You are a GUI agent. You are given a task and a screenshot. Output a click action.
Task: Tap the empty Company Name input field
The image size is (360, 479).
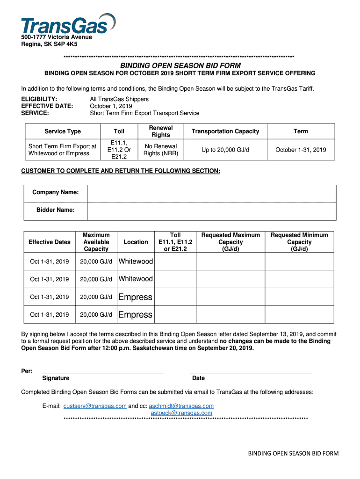pyautogui.click(x=211, y=194)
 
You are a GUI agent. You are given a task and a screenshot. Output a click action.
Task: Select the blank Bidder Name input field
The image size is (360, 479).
pyautogui.click(x=211, y=211)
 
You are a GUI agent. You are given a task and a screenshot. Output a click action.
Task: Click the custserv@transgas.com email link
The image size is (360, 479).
pyautogui.click(x=95, y=406)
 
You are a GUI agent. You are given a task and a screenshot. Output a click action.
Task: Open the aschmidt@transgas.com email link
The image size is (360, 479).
pyautogui.click(x=181, y=406)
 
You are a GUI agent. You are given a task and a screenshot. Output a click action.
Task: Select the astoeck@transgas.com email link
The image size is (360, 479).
pyautogui.click(x=181, y=413)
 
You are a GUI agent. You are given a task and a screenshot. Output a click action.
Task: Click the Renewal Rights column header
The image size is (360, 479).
pyautogui.click(x=160, y=131)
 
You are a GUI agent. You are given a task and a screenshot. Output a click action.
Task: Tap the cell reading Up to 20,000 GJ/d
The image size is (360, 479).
pyautogui.click(x=225, y=150)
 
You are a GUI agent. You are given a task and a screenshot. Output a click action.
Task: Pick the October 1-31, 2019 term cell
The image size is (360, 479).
pyautogui.click(x=301, y=150)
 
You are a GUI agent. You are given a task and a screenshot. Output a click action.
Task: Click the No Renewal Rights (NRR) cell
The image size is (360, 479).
pyautogui.click(x=160, y=150)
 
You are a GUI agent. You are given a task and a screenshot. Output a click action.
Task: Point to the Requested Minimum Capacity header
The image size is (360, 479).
pyautogui.click(x=299, y=242)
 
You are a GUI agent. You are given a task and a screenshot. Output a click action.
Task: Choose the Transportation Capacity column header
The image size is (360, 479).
pyautogui.click(x=225, y=131)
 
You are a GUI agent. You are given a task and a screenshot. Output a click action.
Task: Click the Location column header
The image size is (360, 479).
pyautogui.click(x=136, y=242)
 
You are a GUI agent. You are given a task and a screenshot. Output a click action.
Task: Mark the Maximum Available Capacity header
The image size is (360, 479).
pyautogui.click(x=96, y=242)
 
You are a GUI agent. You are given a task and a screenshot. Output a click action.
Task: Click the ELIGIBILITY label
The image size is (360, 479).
pyautogui.click(x=40, y=99)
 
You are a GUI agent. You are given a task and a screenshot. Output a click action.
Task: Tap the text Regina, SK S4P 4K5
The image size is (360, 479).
pyautogui.click(x=49, y=44)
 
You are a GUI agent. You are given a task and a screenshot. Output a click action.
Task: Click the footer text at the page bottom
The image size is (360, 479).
pyautogui.click(x=293, y=453)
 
